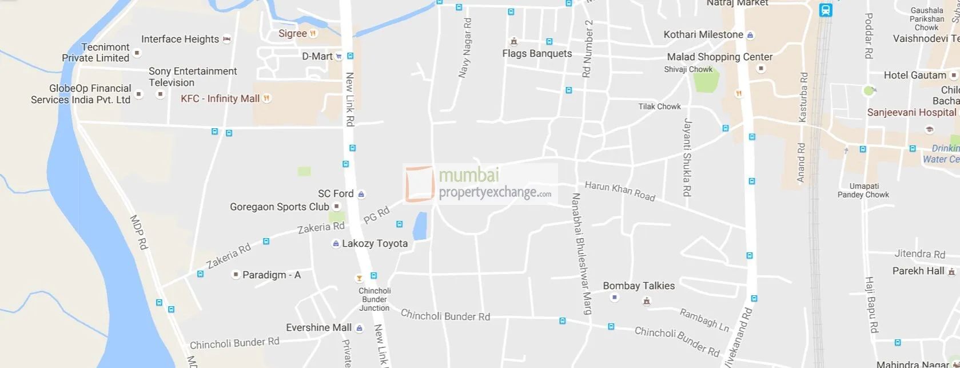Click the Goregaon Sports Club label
[x=279, y=207]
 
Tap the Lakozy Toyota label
[x=375, y=243]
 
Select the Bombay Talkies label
[x=639, y=286]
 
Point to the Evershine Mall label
[x=318, y=327]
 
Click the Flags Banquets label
[x=537, y=53]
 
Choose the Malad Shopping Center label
[x=719, y=57]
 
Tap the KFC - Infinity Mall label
[x=220, y=98]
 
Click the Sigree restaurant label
[x=293, y=33]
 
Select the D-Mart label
[x=317, y=56]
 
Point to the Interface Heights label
[x=180, y=39]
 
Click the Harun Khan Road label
[x=620, y=191]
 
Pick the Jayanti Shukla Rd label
[x=687, y=157]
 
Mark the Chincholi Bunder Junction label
[x=375, y=299]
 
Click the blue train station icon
[x=825, y=10]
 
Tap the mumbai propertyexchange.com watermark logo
[x=480, y=184]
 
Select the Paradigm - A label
[x=271, y=275]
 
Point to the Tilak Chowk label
[x=659, y=106]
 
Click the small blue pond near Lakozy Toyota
[x=420, y=226]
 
